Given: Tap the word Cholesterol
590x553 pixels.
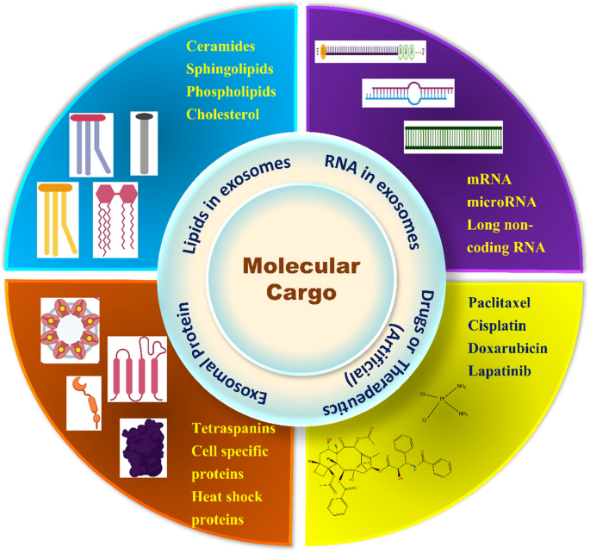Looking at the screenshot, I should tap(223, 113).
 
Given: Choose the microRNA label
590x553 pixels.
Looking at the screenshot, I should tap(502, 202).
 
